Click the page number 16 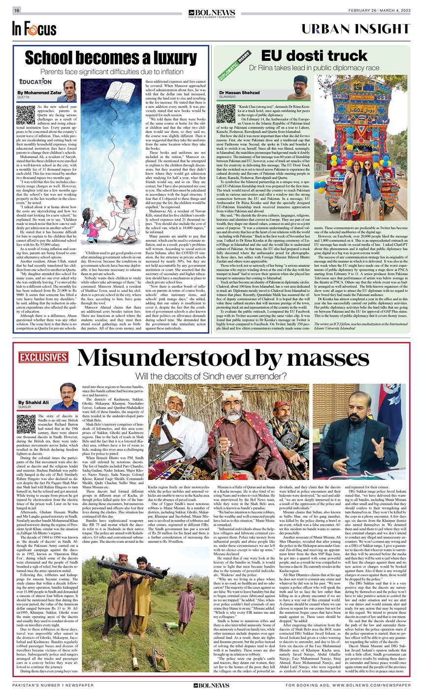pos(17,10)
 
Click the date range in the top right pos(379,11)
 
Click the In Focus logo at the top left pos(34,29)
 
